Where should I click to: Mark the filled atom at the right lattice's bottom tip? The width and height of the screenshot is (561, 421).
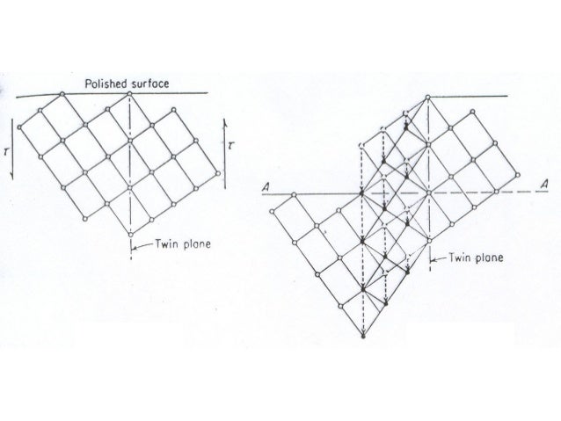(362, 337)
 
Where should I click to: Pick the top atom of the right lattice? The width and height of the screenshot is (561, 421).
(428, 97)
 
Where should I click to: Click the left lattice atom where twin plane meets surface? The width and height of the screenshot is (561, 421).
(130, 91)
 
